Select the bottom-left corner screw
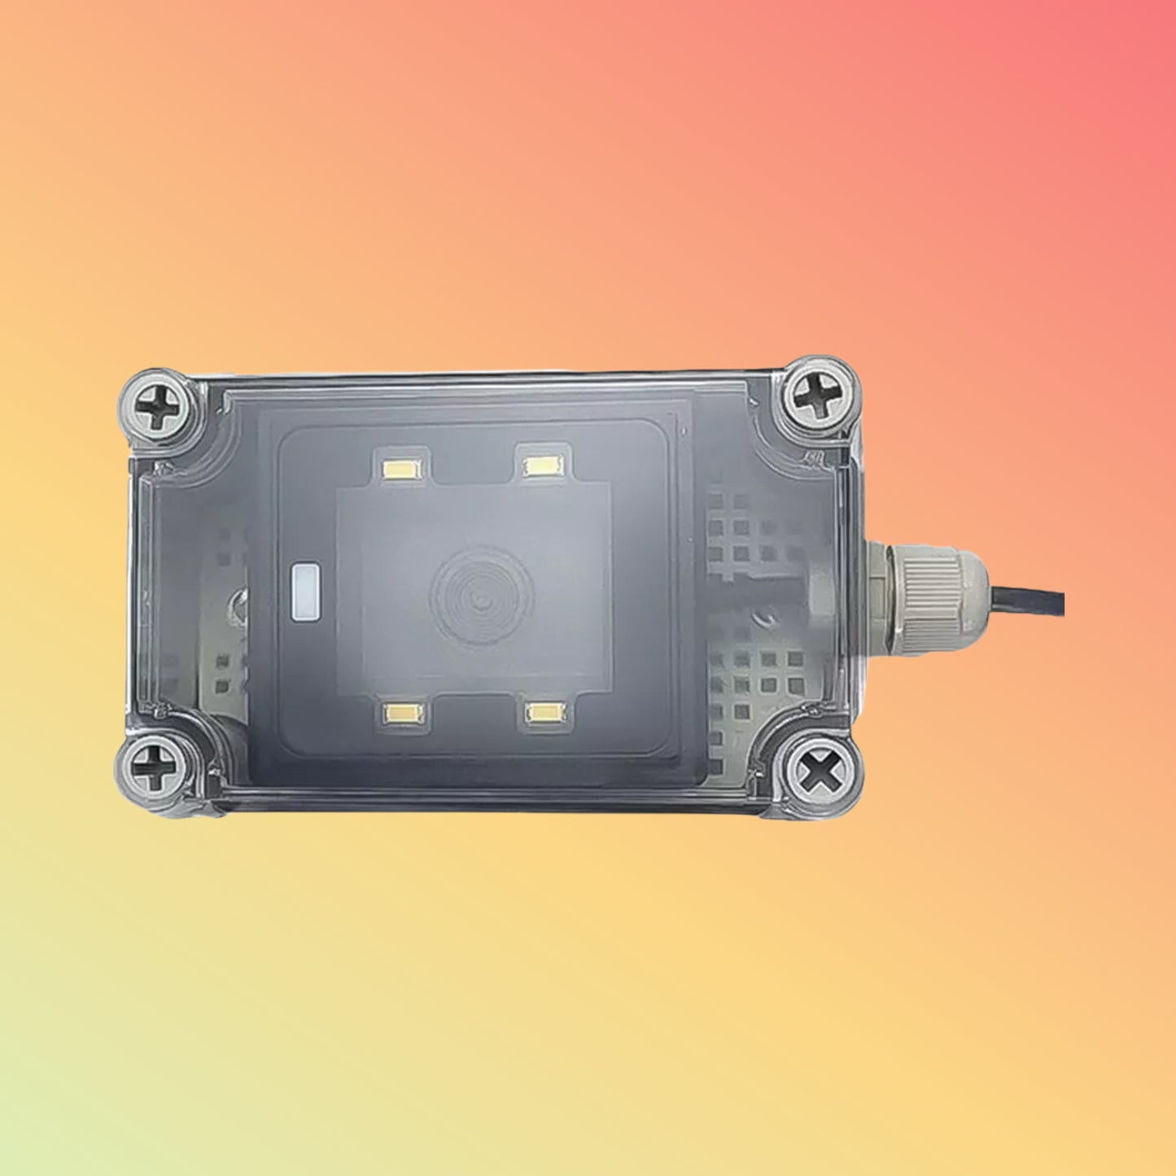[152, 767]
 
